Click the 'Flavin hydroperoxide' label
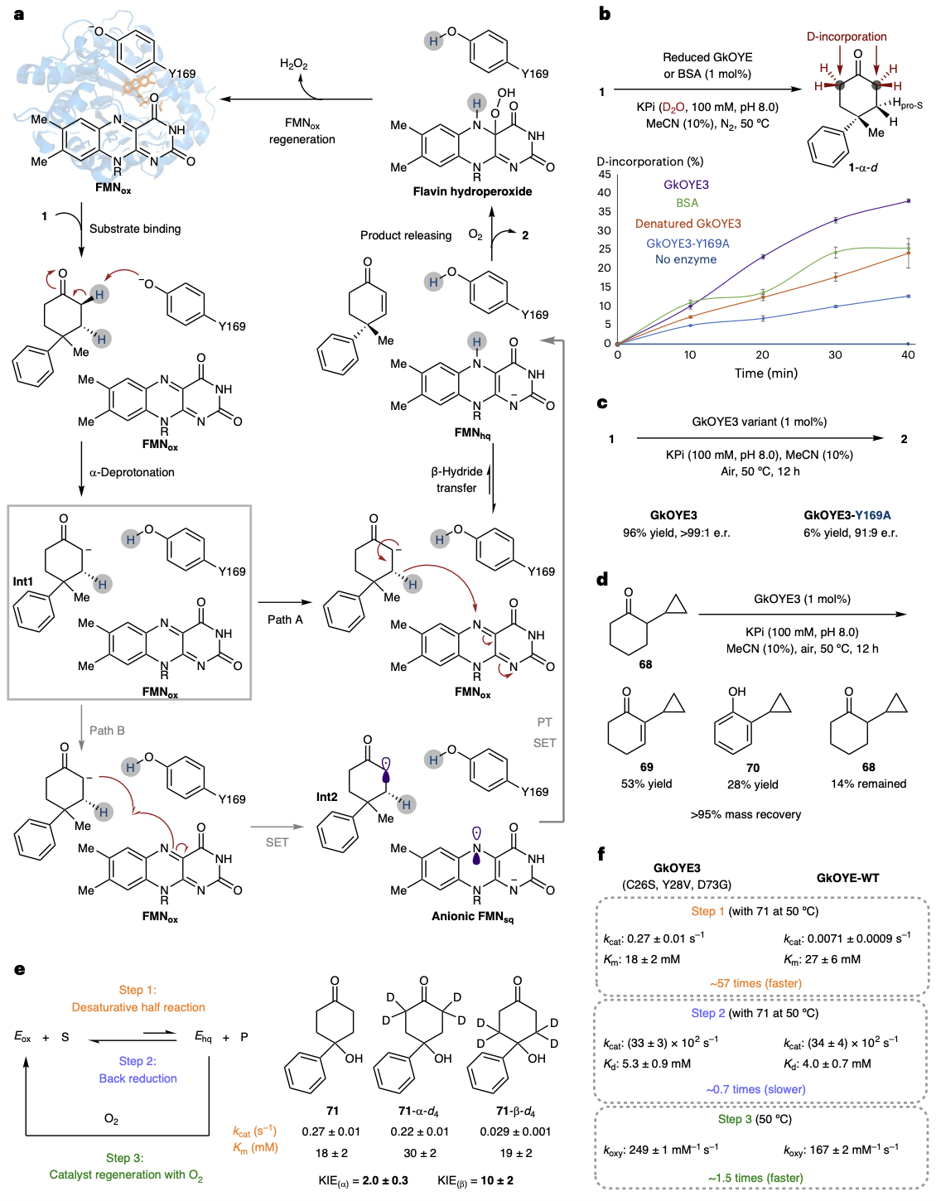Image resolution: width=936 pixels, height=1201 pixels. (472, 191)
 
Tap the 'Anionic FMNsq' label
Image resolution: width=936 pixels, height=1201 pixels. (472, 916)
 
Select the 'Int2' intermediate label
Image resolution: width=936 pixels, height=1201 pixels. (327, 797)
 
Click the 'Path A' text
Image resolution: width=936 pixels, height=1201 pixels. (285, 620)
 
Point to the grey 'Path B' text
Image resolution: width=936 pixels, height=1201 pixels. (107, 731)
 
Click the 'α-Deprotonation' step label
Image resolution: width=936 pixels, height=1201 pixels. (132, 472)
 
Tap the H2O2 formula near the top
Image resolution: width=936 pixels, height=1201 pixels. (293, 64)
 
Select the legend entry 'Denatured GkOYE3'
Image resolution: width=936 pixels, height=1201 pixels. (688, 224)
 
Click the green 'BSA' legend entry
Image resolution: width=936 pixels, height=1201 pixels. (687, 203)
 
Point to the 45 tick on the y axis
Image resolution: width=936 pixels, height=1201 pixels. (604, 174)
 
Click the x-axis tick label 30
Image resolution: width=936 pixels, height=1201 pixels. (835, 355)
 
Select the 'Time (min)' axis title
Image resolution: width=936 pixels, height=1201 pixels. (765, 373)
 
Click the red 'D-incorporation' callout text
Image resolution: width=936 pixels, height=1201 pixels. (847, 36)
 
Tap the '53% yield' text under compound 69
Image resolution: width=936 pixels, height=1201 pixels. (646, 784)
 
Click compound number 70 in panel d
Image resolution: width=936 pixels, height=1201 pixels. (752, 768)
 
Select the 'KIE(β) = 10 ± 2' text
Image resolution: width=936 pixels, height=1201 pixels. (475, 1180)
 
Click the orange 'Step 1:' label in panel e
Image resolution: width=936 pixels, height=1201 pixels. (138, 990)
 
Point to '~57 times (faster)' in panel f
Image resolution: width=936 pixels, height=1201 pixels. (755, 983)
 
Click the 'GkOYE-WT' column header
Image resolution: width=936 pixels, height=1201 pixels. (847, 878)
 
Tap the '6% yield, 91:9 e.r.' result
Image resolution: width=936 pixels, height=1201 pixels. (850, 533)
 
